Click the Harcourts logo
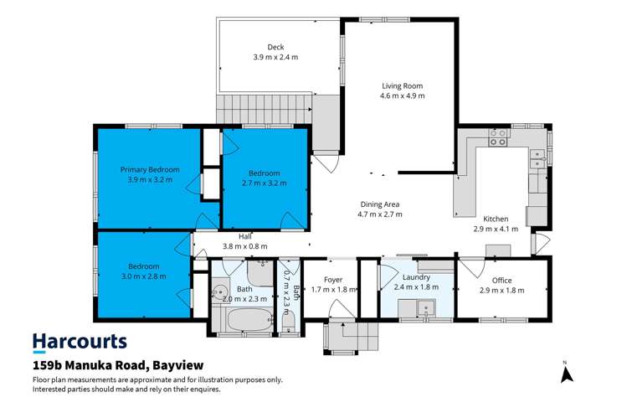[x=80, y=342]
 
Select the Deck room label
[x=276, y=47]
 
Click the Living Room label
[x=402, y=85]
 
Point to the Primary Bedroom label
[x=149, y=168]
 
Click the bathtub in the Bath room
[x=249, y=320]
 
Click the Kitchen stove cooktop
[x=498, y=142]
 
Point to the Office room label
[x=502, y=280]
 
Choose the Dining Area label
[x=380, y=204]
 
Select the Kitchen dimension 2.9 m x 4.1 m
[x=496, y=228]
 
